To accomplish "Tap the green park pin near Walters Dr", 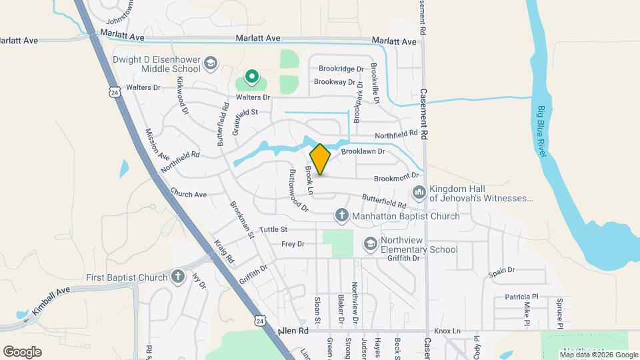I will [x=252, y=78].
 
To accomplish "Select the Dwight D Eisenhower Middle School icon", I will [x=211, y=63].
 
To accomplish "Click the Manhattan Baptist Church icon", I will [x=341, y=215].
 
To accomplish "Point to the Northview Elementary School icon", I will [x=370, y=245].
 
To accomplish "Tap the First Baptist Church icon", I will [x=177, y=277].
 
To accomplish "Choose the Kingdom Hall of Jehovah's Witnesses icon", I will [x=419, y=193].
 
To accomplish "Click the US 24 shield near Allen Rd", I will [x=259, y=321].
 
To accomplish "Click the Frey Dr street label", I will [x=293, y=244].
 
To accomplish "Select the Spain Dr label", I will [x=501, y=271].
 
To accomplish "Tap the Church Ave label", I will [x=188, y=195].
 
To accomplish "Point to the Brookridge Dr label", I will [x=341, y=69].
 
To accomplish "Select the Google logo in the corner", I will [x=22, y=351].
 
